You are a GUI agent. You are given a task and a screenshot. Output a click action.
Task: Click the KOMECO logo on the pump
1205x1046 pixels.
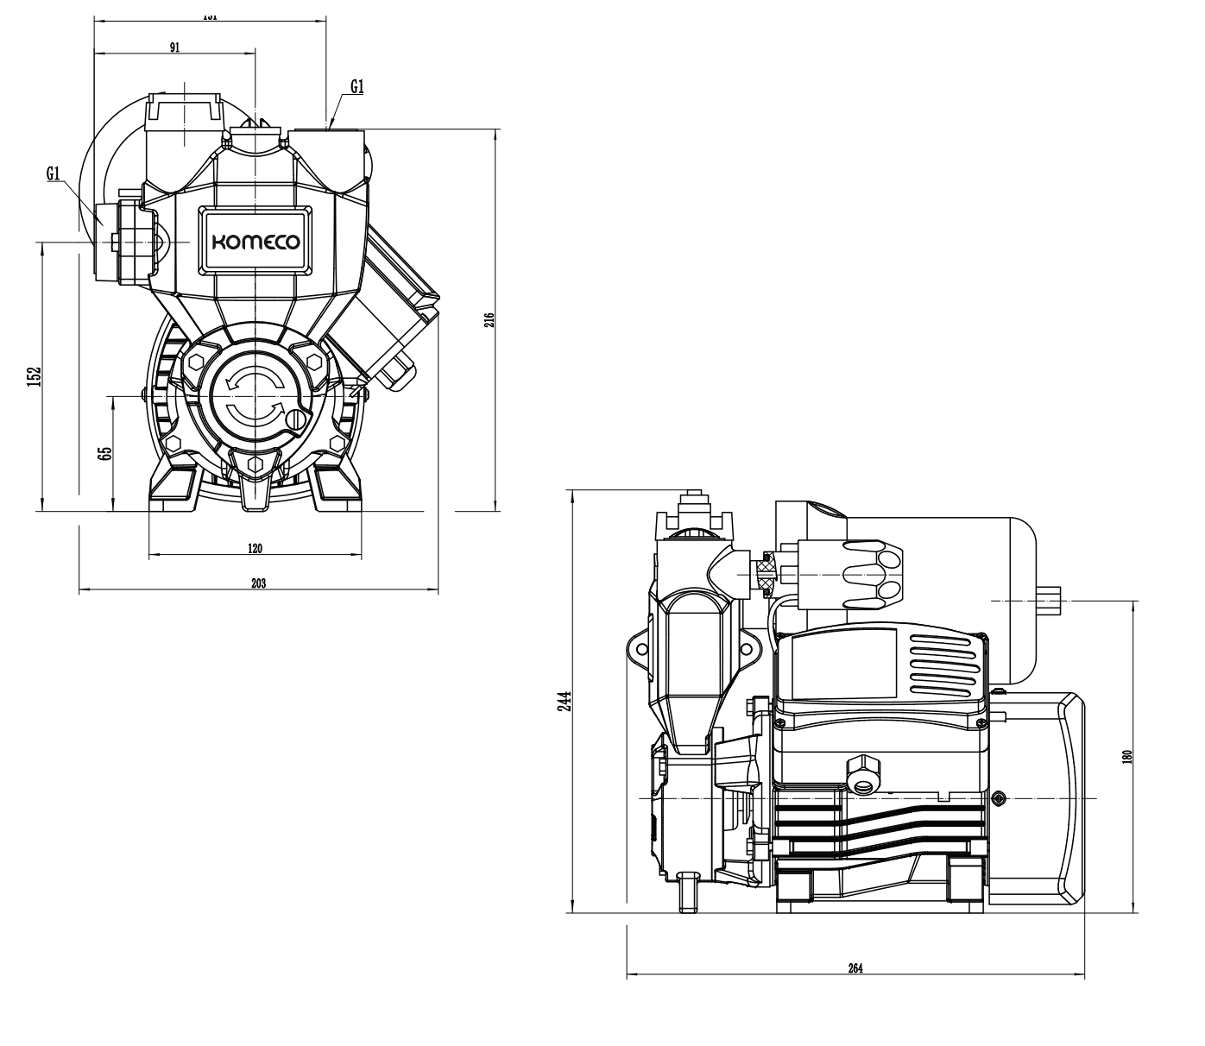pyautogui.click(x=256, y=243)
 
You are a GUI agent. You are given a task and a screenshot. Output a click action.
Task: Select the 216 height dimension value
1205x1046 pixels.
pyautogui.click(x=489, y=320)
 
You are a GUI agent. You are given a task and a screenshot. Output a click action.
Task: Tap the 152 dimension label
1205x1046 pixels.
pyautogui.click(x=34, y=376)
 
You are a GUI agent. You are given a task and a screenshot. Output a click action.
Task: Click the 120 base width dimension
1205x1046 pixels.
pyautogui.click(x=255, y=549)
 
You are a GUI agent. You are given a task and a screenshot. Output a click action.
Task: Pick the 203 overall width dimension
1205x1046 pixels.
pyautogui.click(x=258, y=584)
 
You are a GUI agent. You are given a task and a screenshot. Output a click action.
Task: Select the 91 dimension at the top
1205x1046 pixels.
pyautogui.click(x=174, y=47)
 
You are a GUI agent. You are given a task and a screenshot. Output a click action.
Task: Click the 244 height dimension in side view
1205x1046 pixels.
pyautogui.click(x=562, y=700)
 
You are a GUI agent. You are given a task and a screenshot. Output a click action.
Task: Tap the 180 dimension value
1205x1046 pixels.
pyautogui.click(x=1126, y=756)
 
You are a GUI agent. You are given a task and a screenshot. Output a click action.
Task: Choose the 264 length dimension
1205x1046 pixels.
pyautogui.click(x=855, y=968)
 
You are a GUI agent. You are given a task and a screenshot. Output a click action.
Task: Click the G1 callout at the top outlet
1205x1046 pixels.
pyautogui.click(x=357, y=86)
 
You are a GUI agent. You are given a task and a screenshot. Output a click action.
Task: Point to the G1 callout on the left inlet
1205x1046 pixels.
pyautogui.click(x=54, y=174)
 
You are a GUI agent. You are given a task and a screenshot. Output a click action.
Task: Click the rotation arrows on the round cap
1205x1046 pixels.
pyautogui.click(x=253, y=396)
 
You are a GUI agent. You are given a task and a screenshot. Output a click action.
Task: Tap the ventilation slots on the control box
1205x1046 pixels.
pyautogui.click(x=943, y=665)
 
